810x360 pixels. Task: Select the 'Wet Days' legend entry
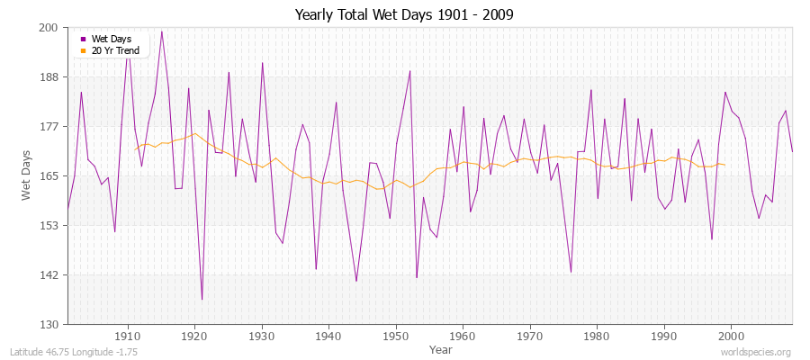click(110, 39)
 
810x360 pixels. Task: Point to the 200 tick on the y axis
click(49, 28)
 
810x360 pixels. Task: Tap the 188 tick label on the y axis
click(49, 77)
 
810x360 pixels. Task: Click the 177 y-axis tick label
click(49, 127)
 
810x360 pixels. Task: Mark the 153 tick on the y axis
click(49, 225)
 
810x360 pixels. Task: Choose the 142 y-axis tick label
click(49, 274)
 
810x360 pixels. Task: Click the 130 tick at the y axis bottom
click(49, 324)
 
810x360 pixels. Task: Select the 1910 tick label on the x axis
click(128, 336)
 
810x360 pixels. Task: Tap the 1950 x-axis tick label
click(395, 336)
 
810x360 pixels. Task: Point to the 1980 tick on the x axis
click(596, 336)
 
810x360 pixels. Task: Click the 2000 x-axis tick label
click(730, 336)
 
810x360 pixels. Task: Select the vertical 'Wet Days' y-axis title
click(26, 175)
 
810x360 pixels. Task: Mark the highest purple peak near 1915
click(162, 31)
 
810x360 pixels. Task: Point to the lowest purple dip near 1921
click(202, 300)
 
